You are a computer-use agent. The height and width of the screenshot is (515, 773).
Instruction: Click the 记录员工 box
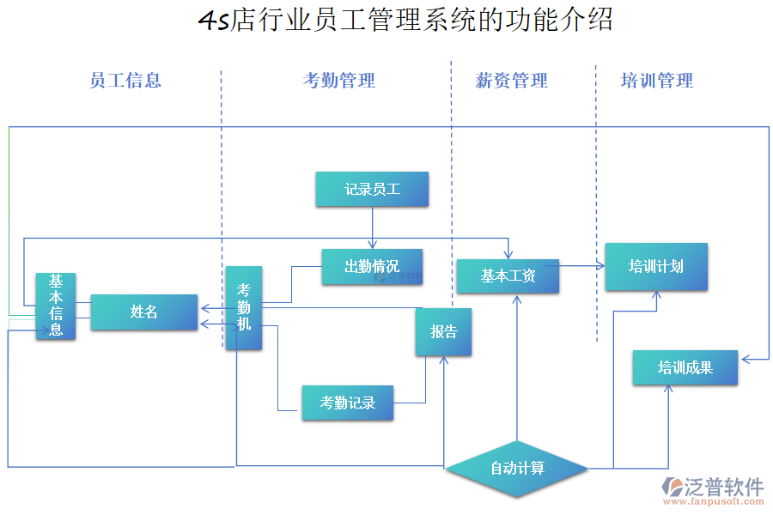pyautogui.click(x=372, y=190)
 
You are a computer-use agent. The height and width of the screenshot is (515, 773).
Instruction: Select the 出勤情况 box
pyautogui.click(x=372, y=267)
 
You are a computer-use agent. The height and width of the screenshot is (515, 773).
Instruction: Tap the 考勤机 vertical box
pyautogui.click(x=244, y=308)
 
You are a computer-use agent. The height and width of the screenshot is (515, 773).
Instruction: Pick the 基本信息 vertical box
pyautogui.click(x=56, y=306)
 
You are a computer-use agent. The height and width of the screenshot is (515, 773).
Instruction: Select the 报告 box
pyautogui.click(x=443, y=332)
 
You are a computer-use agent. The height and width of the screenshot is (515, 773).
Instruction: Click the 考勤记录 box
pyautogui.click(x=348, y=403)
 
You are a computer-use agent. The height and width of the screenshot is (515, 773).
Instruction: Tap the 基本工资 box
pyautogui.click(x=508, y=276)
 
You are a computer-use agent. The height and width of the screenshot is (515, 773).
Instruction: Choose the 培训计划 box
pyautogui.click(x=656, y=267)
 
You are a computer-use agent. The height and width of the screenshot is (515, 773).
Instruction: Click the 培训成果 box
pyautogui.click(x=685, y=368)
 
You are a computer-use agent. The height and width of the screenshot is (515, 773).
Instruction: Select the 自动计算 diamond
pyautogui.click(x=517, y=469)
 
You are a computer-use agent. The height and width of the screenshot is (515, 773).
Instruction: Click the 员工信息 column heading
pyautogui.click(x=125, y=81)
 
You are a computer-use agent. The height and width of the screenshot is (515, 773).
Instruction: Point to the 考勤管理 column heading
pyautogui.click(x=339, y=81)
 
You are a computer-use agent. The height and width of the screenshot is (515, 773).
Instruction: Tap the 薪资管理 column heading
pyautogui.click(x=512, y=81)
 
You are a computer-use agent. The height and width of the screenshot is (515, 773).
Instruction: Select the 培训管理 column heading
pyautogui.click(x=657, y=81)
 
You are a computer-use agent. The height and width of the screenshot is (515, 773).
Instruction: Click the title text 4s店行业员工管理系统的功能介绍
pyautogui.click(x=405, y=20)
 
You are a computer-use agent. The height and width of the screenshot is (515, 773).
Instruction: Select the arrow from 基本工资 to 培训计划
pyautogui.click(x=582, y=266)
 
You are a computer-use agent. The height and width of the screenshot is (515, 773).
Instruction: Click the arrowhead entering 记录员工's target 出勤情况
pyautogui.click(x=373, y=245)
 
